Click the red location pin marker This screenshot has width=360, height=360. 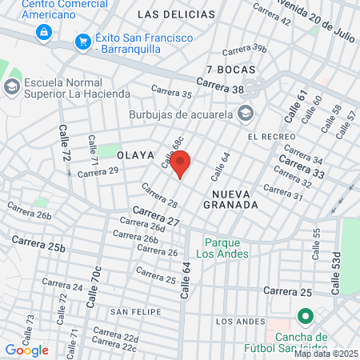180,164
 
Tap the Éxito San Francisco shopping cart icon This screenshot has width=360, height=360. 82,41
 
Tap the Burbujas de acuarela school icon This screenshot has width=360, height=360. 245,113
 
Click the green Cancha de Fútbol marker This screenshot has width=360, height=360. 304,316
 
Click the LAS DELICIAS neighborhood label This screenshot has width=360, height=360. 176,14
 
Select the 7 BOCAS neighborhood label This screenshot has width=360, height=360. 230,70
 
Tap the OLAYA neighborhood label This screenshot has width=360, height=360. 134,154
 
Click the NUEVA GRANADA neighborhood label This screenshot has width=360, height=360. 236,199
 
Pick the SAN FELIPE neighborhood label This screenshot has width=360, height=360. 131,310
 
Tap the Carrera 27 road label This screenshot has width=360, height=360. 156,214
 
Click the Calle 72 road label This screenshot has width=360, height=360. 65,143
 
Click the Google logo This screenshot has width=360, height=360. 26,350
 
